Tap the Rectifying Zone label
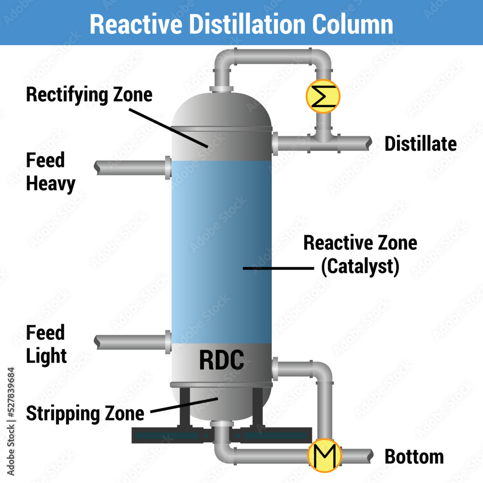click(x=89, y=94)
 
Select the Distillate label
click(x=420, y=144)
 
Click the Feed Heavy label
click(x=50, y=172)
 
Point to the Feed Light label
click(x=46, y=344)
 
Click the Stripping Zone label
click(x=85, y=413)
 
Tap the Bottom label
click(x=414, y=456)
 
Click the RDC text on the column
click(x=222, y=360)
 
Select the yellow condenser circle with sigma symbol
click(x=323, y=97)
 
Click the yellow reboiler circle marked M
click(x=324, y=455)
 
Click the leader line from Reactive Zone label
click(x=275, y=267)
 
